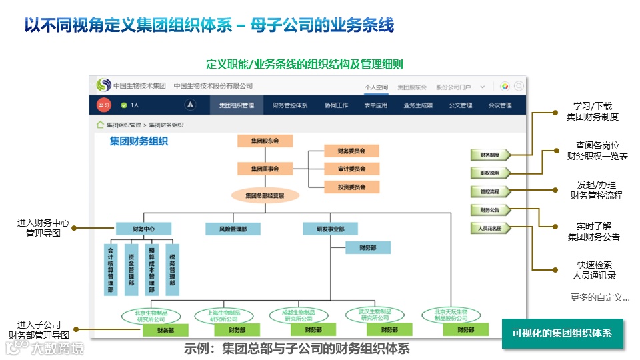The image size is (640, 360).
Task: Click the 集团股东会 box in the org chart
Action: tap(265, 141)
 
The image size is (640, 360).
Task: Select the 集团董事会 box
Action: tap(265, 169)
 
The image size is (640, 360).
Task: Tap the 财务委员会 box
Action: tap(345, 151)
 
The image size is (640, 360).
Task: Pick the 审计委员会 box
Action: tap(345, 169)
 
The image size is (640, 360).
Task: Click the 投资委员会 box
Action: tap(345, 187)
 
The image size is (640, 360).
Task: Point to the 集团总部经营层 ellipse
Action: tap(265, 196)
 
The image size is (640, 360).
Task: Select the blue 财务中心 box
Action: tap(143, 229)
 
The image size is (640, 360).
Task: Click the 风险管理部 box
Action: tap(232, 229)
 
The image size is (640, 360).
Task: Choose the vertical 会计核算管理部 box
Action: tap(112, 269)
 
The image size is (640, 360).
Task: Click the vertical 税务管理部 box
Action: tap(173, 269)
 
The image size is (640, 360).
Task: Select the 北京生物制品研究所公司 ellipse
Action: tap(151, 315)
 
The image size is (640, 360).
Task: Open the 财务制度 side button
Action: tap(490, 155)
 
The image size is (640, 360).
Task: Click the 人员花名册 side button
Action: tap(490, 228)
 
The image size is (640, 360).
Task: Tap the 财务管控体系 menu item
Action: tap(290, 105)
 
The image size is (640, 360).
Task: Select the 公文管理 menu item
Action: tap(460, 105)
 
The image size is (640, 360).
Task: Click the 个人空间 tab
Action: tap(376, 87)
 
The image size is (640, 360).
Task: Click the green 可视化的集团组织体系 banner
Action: tap(562, 333)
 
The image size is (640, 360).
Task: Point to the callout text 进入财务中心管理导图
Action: tap(43, 228)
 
